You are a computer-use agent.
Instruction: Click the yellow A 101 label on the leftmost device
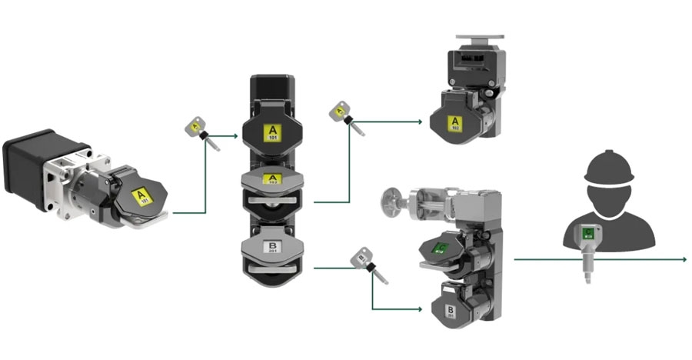141,197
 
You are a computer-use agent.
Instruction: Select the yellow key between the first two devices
195,125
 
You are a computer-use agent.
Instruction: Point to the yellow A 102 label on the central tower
271,181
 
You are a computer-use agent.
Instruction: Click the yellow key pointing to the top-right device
338,112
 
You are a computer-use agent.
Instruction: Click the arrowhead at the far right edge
684,259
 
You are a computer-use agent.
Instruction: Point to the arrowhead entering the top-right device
420,122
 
